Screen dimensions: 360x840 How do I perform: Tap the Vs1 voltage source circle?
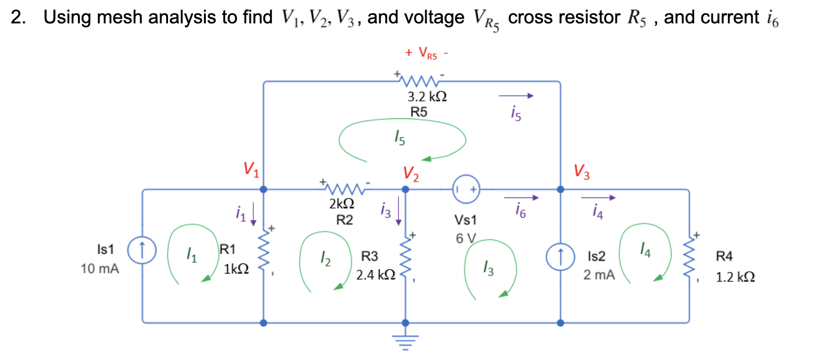466,189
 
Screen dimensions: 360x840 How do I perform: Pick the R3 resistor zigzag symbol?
405,258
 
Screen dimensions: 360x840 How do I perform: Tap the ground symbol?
405,342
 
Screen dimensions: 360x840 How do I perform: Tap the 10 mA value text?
100,269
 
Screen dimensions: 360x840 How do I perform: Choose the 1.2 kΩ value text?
734,278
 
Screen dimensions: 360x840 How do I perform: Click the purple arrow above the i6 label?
521,197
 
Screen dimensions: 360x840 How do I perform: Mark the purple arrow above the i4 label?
598,197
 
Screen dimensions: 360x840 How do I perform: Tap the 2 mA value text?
599,275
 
